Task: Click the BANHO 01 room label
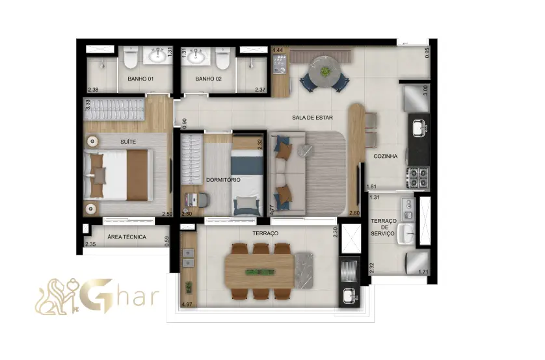coord(140,79)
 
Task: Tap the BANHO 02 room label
coord(208,79)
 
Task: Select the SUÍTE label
coord(128,142)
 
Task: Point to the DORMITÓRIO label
coord(223,180)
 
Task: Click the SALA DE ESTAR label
coord(312,118)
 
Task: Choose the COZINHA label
coord(385,156)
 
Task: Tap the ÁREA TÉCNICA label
coord(127,237)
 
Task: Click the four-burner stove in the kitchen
coord(418,177)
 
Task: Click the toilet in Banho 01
coord(131,58)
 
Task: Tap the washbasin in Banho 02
coord(196,56)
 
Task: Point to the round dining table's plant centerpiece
coord(325,72)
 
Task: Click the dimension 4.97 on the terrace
coord(187,305)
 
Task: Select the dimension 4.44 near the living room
coord(277,50)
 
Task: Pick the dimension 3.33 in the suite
coord(88,105)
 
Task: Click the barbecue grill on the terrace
coord(349,271)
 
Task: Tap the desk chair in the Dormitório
coord(203,199)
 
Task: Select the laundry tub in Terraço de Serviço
coord(406,233)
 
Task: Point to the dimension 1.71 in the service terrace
coord(423,272)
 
